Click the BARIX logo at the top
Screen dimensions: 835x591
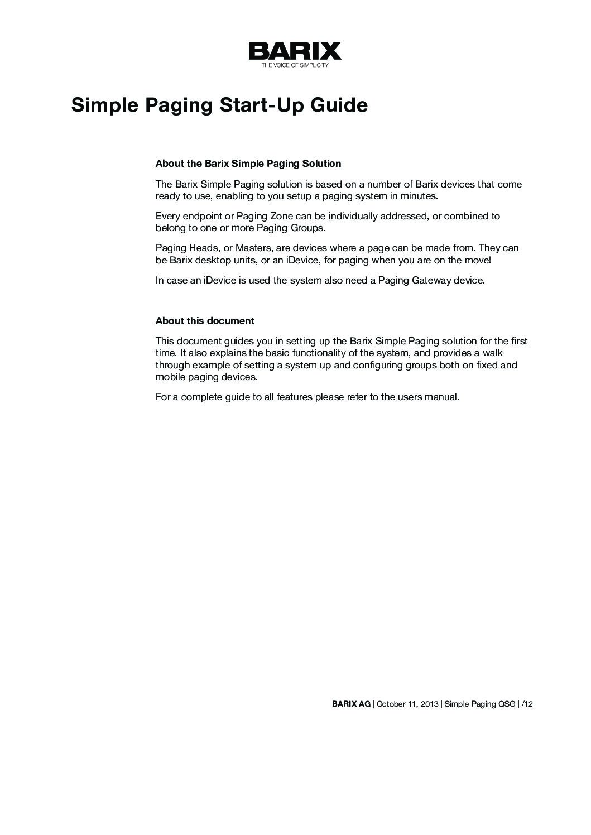point(295,51)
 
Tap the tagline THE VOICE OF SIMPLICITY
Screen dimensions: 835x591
point(295,65)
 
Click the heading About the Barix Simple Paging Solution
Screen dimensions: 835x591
point(248,164)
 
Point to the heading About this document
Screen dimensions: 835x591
point(205,321)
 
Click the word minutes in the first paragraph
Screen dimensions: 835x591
point(419,196)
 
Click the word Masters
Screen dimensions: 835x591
point(251,248)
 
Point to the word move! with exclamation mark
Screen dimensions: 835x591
point(478,260)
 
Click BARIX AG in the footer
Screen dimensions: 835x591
point(351,704)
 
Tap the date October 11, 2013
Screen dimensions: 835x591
point(407,704)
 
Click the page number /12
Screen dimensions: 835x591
point(527,704)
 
